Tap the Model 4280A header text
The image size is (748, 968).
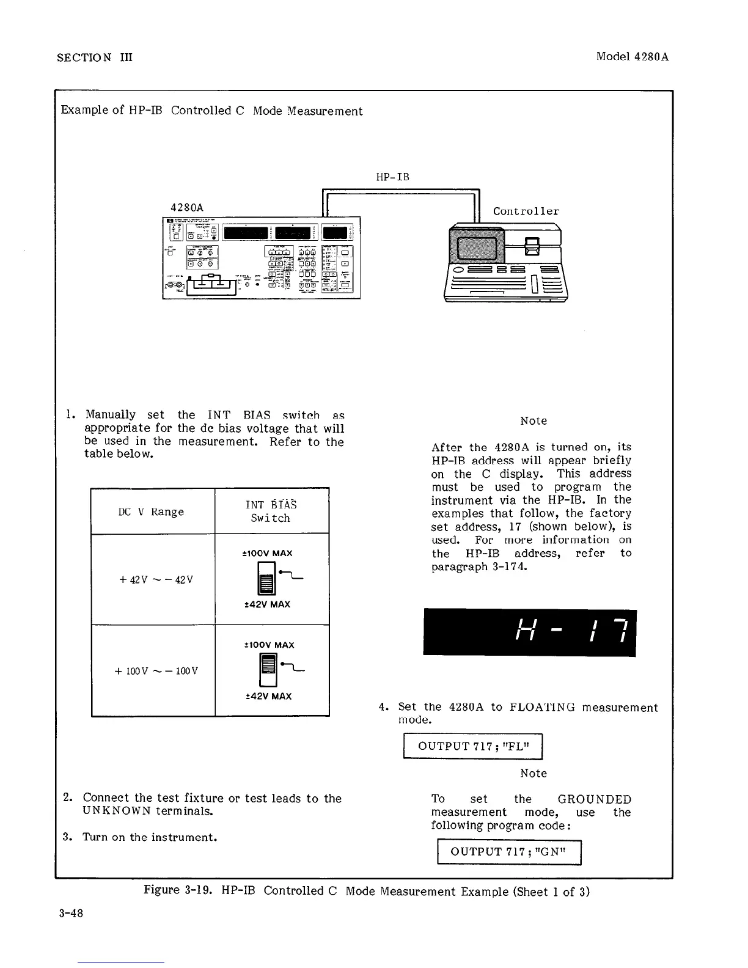(x=632, y=57)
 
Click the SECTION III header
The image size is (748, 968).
(x=94, y=57)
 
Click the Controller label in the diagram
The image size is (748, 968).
(x=526, y=211)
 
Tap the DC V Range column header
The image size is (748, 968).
(x=152, y=512)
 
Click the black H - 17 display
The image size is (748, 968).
(x=529, y=632)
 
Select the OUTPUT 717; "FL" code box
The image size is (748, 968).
(x=472, y=746)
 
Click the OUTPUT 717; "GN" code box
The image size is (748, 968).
(x=508, y=852)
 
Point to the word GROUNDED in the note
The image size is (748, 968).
(x=594, y=799)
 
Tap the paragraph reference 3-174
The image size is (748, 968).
(x=508, y=566)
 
